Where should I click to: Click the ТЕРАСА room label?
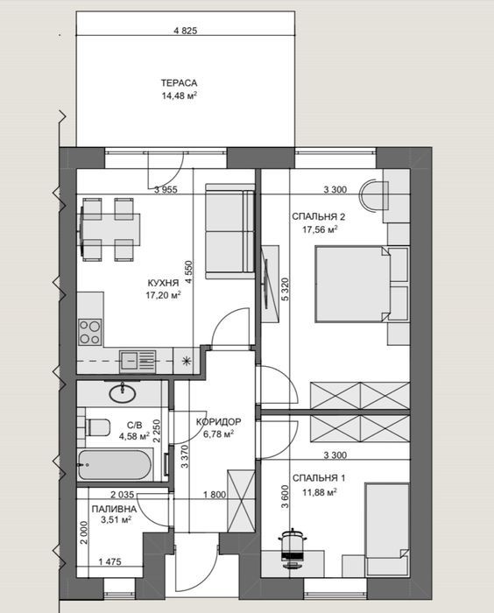tap(179, 83)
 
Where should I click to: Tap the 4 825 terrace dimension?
tap(186, 31)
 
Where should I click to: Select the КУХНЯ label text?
tap(163, 283)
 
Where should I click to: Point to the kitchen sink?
tap(138, 361)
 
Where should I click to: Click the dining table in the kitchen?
tap(111, 229)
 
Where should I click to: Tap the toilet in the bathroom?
tap(97, 427)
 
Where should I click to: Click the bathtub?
tap(115, 465)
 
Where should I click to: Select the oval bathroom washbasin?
tap(123, 393)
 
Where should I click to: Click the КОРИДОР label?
tap(218, 422)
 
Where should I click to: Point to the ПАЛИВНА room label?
tap(114, 509)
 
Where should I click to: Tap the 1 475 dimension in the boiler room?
tap(109, 562)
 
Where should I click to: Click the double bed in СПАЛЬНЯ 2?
tap(351, 284)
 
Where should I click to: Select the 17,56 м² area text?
tap(320, 229)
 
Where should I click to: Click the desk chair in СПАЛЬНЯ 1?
tap(293, 548)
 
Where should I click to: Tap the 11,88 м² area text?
tap(320, 492)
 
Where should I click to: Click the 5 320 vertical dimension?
tap(285, 289)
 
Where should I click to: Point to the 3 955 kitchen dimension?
tap(166, 190)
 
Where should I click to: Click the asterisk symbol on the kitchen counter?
tap(186, 361)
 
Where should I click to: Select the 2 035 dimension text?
tap(122, 495)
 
